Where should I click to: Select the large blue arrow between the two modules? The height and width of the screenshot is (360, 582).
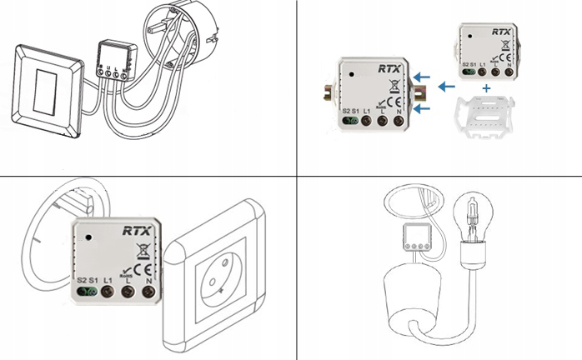point(449,85)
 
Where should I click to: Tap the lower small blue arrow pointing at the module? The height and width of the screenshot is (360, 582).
point(424,107)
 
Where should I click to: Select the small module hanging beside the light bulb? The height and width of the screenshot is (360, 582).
point(414,237)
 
